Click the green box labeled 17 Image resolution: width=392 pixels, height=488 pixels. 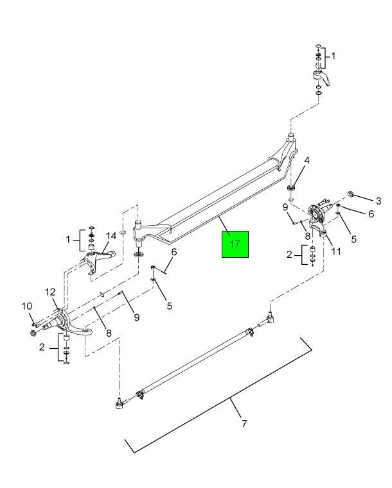pyautogui.click(x=236, y=244)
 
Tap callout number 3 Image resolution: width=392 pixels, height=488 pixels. pyautogui.click(x=379, y=201)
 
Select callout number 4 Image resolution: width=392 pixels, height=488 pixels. pyautogui.click(x=306, y=161)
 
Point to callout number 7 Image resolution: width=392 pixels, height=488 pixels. pyautogui.click(x=244, y=424)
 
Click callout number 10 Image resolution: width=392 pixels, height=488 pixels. pyautogui.click(x=28, y=306)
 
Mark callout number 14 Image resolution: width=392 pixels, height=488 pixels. pyautogui.click(x=112, y=235)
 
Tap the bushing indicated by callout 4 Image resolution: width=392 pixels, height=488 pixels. pyautogui.click(x=291, y=187)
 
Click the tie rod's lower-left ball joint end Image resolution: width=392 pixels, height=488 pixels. pyautogui.click(x=120, y=403)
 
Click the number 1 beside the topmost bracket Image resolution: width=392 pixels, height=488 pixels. pyautogui.click(x=332, y=56)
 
